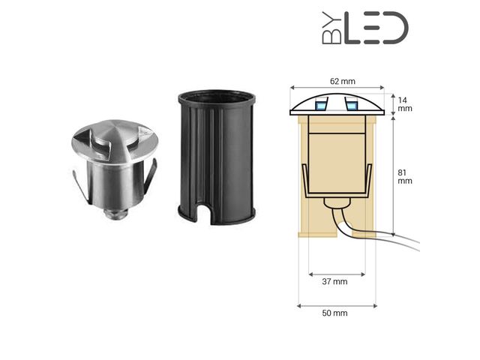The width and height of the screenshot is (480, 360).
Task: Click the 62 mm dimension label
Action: click(343, 82)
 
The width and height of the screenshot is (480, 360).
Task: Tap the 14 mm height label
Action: click(404, 104)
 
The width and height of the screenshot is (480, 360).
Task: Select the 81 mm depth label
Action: click(404, 177)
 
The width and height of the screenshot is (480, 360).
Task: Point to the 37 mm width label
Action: click(334, 282)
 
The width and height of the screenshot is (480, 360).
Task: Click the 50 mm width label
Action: click(334, 313)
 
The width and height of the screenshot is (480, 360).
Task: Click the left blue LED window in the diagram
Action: click(321, 104)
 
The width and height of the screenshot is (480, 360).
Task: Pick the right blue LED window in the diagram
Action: click(351, 104)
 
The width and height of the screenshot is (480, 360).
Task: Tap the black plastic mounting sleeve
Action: click(217, 157)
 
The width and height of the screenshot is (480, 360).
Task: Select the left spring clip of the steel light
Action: click(80, 187)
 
